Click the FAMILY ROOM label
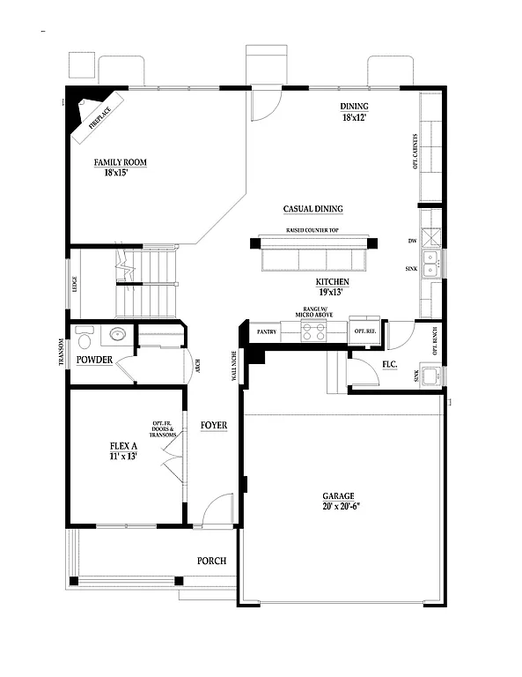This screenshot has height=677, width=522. pos(120,167)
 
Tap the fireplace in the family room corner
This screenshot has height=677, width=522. pos(95,115)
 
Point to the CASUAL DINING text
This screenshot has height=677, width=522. pos(312,209)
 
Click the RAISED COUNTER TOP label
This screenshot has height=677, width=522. pos(312,230)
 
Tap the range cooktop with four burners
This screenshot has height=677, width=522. pos(313,331)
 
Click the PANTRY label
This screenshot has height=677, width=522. pos(267,332)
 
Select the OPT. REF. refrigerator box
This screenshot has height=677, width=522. pos(364,331)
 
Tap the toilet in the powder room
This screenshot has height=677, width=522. pos(85,337)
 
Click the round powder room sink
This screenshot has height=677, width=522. pos(116,335)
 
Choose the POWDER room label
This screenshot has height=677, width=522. pos(94,361)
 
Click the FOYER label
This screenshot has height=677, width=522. pos(213,426)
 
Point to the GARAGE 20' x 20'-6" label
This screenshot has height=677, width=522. pos(339,501)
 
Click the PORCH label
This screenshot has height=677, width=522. pos(211,562)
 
